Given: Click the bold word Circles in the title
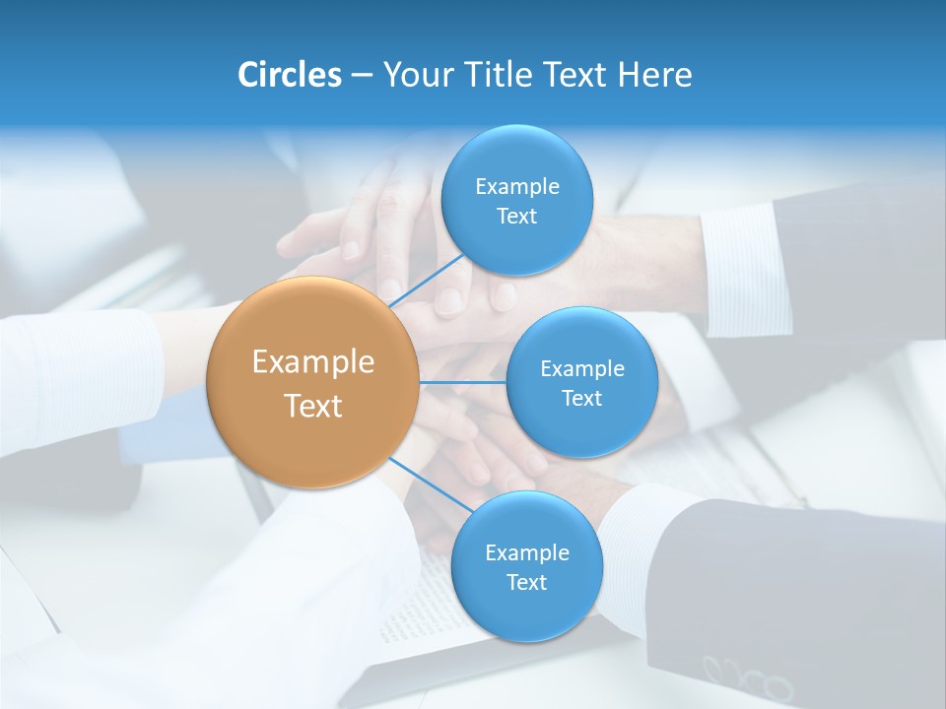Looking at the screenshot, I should (x=289, y=75).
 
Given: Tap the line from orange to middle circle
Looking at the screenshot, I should (x=462, y=382).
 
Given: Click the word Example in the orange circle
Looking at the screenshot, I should (x=313, y=362).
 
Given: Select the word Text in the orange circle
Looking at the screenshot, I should (x=313, y=406).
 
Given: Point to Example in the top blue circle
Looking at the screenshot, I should (x=517, y=187).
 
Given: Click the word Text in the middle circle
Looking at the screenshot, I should (x=581, y=399).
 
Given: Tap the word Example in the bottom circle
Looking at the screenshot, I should (x=527, y=553).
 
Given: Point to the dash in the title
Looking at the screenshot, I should (x=362, y=76).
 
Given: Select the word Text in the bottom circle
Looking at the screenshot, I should (x=526, y=583).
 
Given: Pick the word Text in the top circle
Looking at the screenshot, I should (x=516, y=217).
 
